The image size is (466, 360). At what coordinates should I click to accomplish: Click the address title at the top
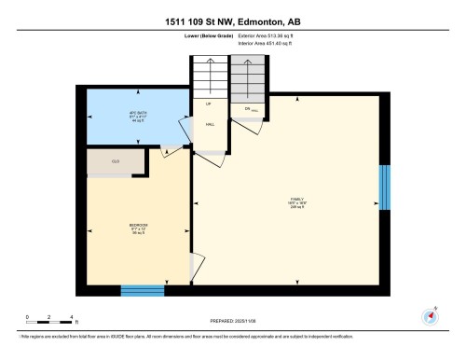point(232,21)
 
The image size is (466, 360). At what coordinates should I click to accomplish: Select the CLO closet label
point(115,161)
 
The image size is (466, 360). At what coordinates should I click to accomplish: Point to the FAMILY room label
point(296,201)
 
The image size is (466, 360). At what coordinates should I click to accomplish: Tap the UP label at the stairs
point(209,104)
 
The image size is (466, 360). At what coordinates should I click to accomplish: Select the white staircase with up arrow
point(210,75)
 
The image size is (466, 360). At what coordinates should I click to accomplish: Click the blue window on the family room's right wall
point(383,188)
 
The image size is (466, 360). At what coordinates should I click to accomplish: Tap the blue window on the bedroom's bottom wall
point(140,290)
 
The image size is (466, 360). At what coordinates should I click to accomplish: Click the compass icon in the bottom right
point(431,313)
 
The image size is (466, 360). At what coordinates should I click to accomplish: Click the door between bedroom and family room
point(194,266)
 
